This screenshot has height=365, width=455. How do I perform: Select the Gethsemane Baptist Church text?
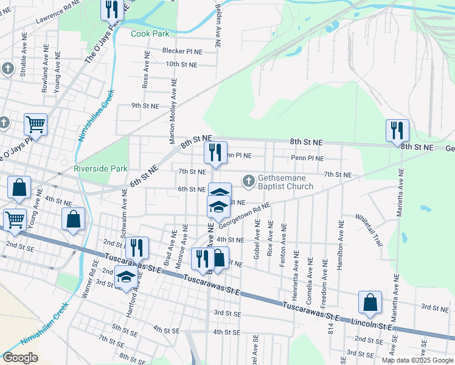pyautogui.click(x=285, y=182)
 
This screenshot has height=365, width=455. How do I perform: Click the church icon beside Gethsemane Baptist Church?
pyautogui.click(x=248, y=181)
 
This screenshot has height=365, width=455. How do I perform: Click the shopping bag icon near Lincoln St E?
pyautogui.click(x=370, y=303)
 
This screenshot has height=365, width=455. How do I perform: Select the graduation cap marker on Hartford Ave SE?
pyautogui.click(x=126, y=277)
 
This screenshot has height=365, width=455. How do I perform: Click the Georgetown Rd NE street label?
pyautogui.click(x=245, y=215)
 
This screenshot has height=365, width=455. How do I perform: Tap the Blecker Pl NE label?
pyautogui.click(x=181, y=51)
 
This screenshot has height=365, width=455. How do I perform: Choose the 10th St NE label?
pyautogui.click(x=181, y=64)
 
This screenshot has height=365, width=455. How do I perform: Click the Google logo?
pyautogui.click(x=20, y=358)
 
